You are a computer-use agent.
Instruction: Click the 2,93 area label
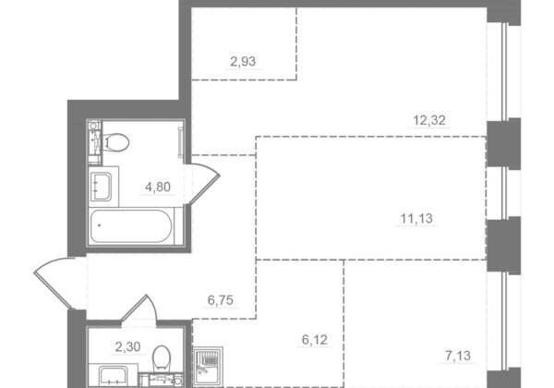coord(243,62)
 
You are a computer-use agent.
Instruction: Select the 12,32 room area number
coord(429,120)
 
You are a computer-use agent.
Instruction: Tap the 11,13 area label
coord(416,219)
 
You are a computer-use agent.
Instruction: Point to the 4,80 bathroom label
coord(158,187)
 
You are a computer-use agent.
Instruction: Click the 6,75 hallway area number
coord(221,300)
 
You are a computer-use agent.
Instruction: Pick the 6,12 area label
coord(315,340)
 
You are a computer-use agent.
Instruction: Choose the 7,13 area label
coord(458,356)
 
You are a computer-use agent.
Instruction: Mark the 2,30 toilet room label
coord(128,347)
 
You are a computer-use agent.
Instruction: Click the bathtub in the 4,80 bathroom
coord(131,226)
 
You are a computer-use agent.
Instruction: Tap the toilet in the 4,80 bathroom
coord(115,142)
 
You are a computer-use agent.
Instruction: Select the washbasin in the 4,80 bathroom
coord(101,187)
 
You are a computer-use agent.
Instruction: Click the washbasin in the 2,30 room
coord(113,377)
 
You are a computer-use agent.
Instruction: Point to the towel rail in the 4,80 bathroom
coord(181,142)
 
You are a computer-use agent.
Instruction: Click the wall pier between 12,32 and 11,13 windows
coord(503,143)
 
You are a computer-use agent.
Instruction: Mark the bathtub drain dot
coord(100,225)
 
